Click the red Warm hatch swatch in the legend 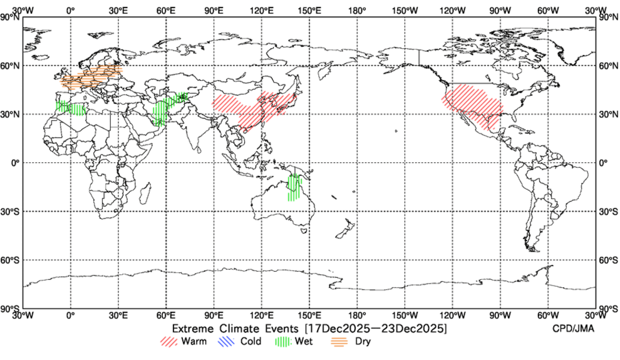tap(169, 342)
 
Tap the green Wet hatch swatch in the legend tap(284, 342)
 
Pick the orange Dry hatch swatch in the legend tap(340, 342)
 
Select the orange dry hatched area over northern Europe tap(91, 77)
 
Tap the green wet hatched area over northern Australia tap(294, 187)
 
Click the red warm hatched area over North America tap(473, 102)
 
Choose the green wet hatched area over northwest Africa tap(70, 108)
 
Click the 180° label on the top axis tap(357, 10)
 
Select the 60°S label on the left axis tap(11, 260)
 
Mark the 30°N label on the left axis tap(11, 115)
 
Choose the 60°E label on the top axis tap(166, 10)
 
